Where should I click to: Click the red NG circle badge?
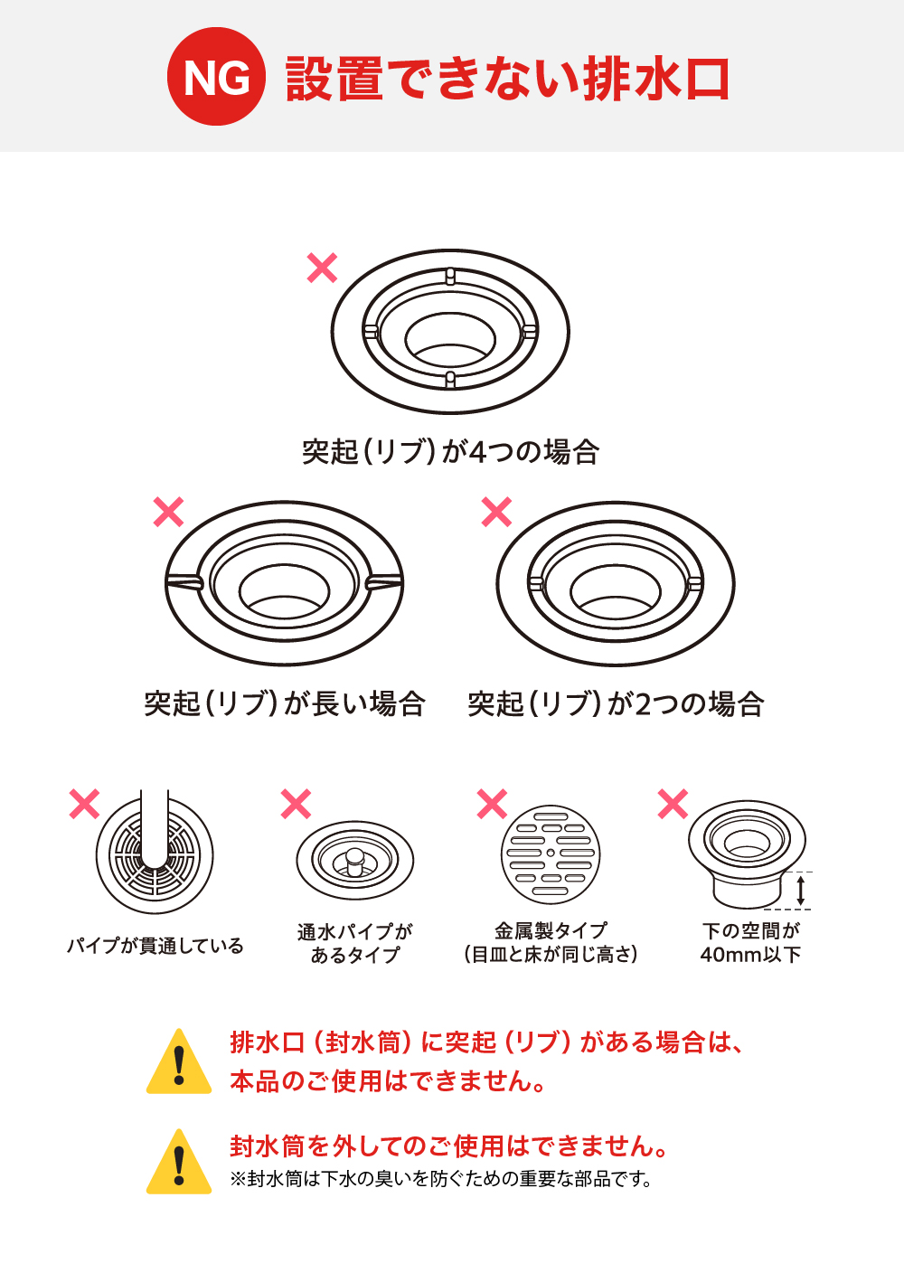(216, 76)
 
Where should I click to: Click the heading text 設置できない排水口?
(507, 79)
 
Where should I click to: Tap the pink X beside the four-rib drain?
(323, 268)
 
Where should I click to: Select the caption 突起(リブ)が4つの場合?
(450, 451)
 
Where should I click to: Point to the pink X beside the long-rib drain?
(169, 512)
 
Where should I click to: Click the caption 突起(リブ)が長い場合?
(285, 703)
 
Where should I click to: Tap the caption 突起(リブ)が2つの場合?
(616, 703)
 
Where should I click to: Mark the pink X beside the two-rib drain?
(496, 512)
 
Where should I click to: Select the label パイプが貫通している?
(155, 946)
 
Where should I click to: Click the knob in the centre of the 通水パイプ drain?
(354, 857)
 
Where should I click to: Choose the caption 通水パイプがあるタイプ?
(354, 942)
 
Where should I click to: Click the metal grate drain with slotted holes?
(551, 854)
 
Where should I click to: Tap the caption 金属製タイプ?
(551, 929)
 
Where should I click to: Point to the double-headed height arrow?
(800, 890)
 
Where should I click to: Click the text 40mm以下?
(750, 955)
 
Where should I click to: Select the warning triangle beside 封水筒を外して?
(179, 1164)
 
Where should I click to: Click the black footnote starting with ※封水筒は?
(441, 1179)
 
